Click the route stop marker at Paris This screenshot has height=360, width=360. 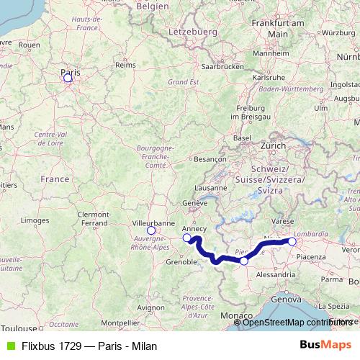tap(68, 78)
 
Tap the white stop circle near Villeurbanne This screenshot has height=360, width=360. tap(151, 231)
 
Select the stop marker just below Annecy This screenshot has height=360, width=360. tap(187, 238)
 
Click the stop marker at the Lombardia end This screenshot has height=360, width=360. tap(292, 242)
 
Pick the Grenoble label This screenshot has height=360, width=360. tap(181, 262)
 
